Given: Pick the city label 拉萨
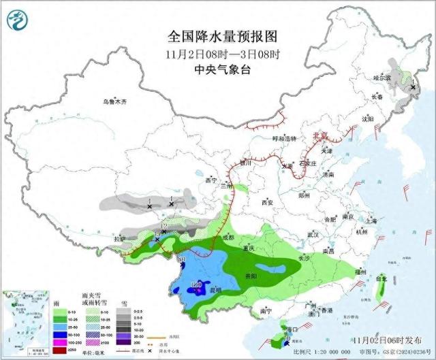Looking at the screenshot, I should tap(120, 239).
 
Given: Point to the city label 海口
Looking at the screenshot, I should tap(294, 329).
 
